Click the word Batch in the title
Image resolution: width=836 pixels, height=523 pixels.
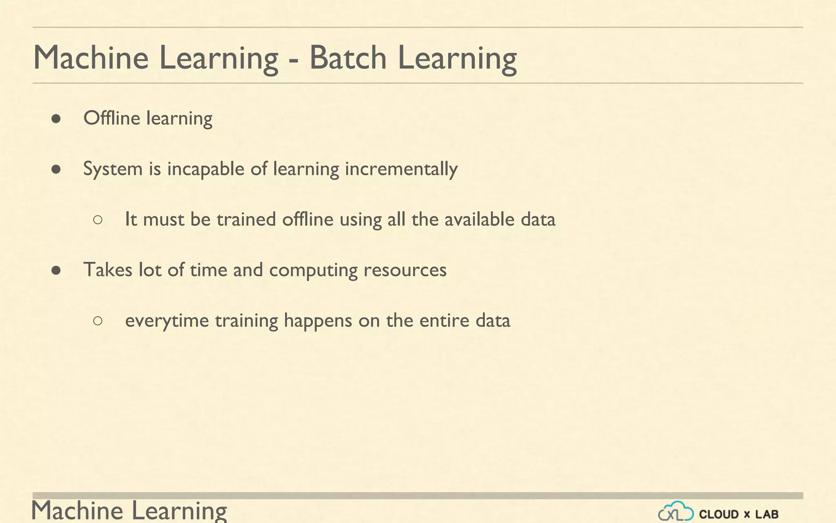click(x=348, y=58)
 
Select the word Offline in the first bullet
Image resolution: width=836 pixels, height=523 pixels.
click(x=111, y=118)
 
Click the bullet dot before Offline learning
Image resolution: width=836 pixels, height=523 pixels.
click(x=56, y=119)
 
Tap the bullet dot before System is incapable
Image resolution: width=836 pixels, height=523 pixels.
click(x=56, y=169)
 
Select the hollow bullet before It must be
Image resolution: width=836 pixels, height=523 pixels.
click(x=98, y=220)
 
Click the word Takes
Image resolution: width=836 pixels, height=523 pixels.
click(x=108, y=270)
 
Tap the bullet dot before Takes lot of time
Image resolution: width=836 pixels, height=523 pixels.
click(x=56, y=270)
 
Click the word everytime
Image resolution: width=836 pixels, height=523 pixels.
click(x=167, y=321)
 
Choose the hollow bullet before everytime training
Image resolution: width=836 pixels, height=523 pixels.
click(x=98, y=321)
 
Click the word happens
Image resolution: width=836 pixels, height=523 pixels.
click(x=318, y=321)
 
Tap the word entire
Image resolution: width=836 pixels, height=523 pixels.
click(x=444, y=320)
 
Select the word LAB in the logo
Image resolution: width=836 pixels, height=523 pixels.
click(x=767, y=514)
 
